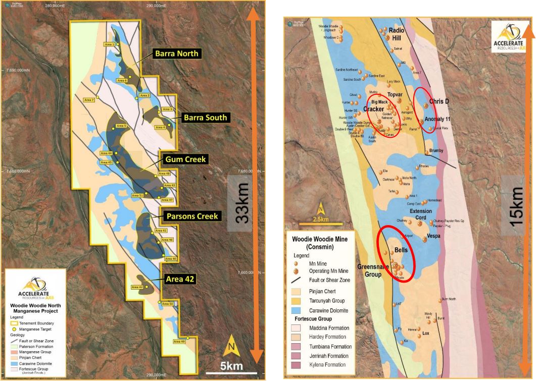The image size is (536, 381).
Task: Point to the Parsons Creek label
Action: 191,216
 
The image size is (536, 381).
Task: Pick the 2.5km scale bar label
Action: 320,219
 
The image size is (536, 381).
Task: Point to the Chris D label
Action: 439,101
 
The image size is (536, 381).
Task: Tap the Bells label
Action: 401,250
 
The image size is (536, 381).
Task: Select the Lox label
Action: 425,334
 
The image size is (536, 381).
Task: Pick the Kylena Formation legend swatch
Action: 297,364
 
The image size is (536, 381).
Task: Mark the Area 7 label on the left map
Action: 89,100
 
